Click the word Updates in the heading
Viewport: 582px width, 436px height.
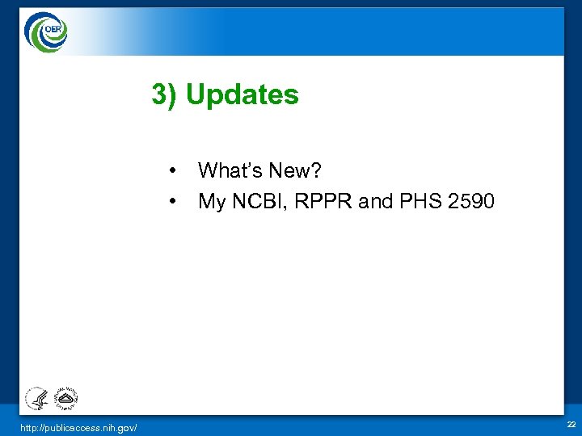coord(242,95)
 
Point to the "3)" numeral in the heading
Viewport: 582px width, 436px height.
coord(165,95)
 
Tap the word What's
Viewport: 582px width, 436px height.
coord(228,170)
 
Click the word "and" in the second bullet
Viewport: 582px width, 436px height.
coord(373,201)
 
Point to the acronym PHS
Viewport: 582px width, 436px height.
coord(415,201)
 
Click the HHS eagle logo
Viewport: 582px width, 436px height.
coord(36,398)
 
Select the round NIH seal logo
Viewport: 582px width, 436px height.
coord(65,396)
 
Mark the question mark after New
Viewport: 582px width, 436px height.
coord(316,170)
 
